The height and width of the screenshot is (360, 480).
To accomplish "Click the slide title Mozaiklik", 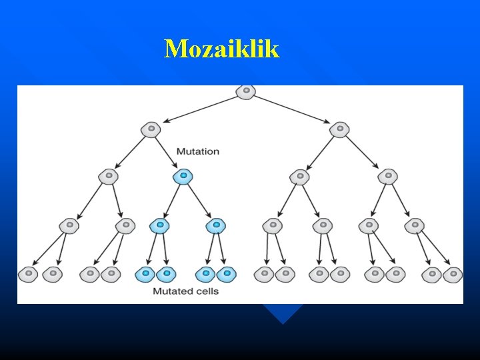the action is (221, 49).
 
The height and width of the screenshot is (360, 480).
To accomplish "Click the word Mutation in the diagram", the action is (197, 151).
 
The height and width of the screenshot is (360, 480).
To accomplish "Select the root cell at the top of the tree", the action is (246, 91).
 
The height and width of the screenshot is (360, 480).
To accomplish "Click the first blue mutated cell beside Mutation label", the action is (183, 177).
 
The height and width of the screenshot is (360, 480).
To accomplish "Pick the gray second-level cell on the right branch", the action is (340, 129).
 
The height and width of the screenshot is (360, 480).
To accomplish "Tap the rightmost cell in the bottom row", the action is (453, 273).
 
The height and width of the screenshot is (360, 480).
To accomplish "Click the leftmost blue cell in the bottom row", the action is (145, 273).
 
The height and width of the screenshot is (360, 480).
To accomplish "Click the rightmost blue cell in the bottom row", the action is (227, 273).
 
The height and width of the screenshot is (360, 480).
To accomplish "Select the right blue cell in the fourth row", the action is (215, 226).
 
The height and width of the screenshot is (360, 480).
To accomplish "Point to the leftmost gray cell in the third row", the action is (108, 177).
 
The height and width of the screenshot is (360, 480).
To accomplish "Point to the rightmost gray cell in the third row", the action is (388, 177).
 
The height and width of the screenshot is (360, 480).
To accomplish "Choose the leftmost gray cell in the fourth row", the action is (69, 226).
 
